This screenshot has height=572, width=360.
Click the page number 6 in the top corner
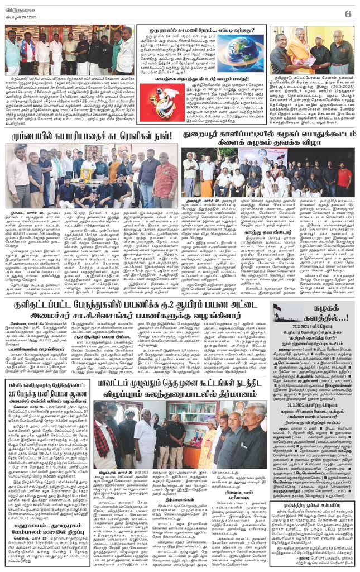coord(347,12)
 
